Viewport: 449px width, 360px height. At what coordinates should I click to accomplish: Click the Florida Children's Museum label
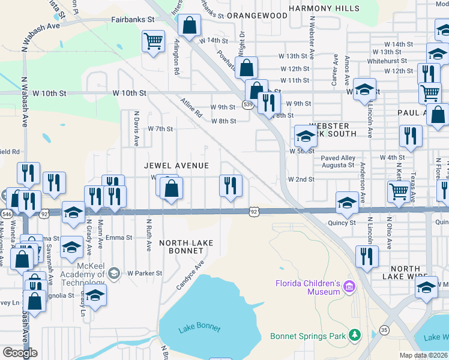308,287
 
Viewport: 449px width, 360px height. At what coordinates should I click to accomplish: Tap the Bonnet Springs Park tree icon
355,334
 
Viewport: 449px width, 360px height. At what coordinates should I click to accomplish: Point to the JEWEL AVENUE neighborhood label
176,166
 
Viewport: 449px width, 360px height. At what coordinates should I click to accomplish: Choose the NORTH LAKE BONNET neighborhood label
186,247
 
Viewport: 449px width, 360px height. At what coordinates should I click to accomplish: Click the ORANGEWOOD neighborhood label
258,15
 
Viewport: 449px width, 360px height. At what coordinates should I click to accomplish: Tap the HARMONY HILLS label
324,8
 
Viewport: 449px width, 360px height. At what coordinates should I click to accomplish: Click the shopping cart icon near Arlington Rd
153,41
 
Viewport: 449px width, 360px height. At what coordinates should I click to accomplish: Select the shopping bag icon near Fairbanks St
189,26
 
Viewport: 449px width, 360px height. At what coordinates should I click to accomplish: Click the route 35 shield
384,329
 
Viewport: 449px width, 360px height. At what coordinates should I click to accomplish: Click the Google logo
20,353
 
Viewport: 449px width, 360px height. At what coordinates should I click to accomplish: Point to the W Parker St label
145,273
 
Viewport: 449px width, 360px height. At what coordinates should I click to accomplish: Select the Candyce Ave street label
190,274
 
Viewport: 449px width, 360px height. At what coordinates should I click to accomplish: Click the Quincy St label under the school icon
344,223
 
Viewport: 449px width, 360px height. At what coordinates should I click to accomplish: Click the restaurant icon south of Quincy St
366,256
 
